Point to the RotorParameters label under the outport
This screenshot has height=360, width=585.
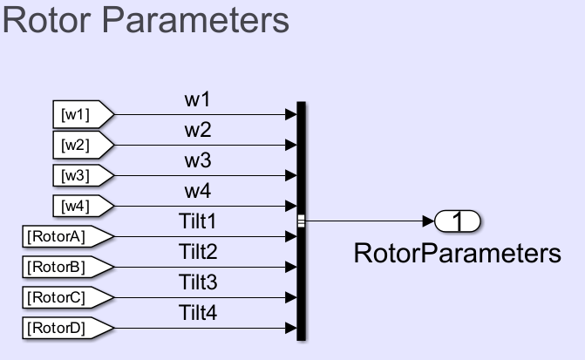(x=457, y=254)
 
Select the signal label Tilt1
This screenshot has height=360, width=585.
(x=197, y=221)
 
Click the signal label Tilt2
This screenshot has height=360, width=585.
(x=197, y=252)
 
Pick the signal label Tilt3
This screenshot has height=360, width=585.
(x=197, y=282)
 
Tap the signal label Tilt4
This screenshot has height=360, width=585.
(x=197, y=312)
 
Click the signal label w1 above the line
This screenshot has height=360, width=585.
(x=197, y=99)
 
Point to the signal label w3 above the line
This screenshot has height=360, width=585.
(x=197, y=160)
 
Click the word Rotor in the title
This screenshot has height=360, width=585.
(x=43, y=21)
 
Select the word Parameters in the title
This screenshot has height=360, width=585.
(x=188, y=21)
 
